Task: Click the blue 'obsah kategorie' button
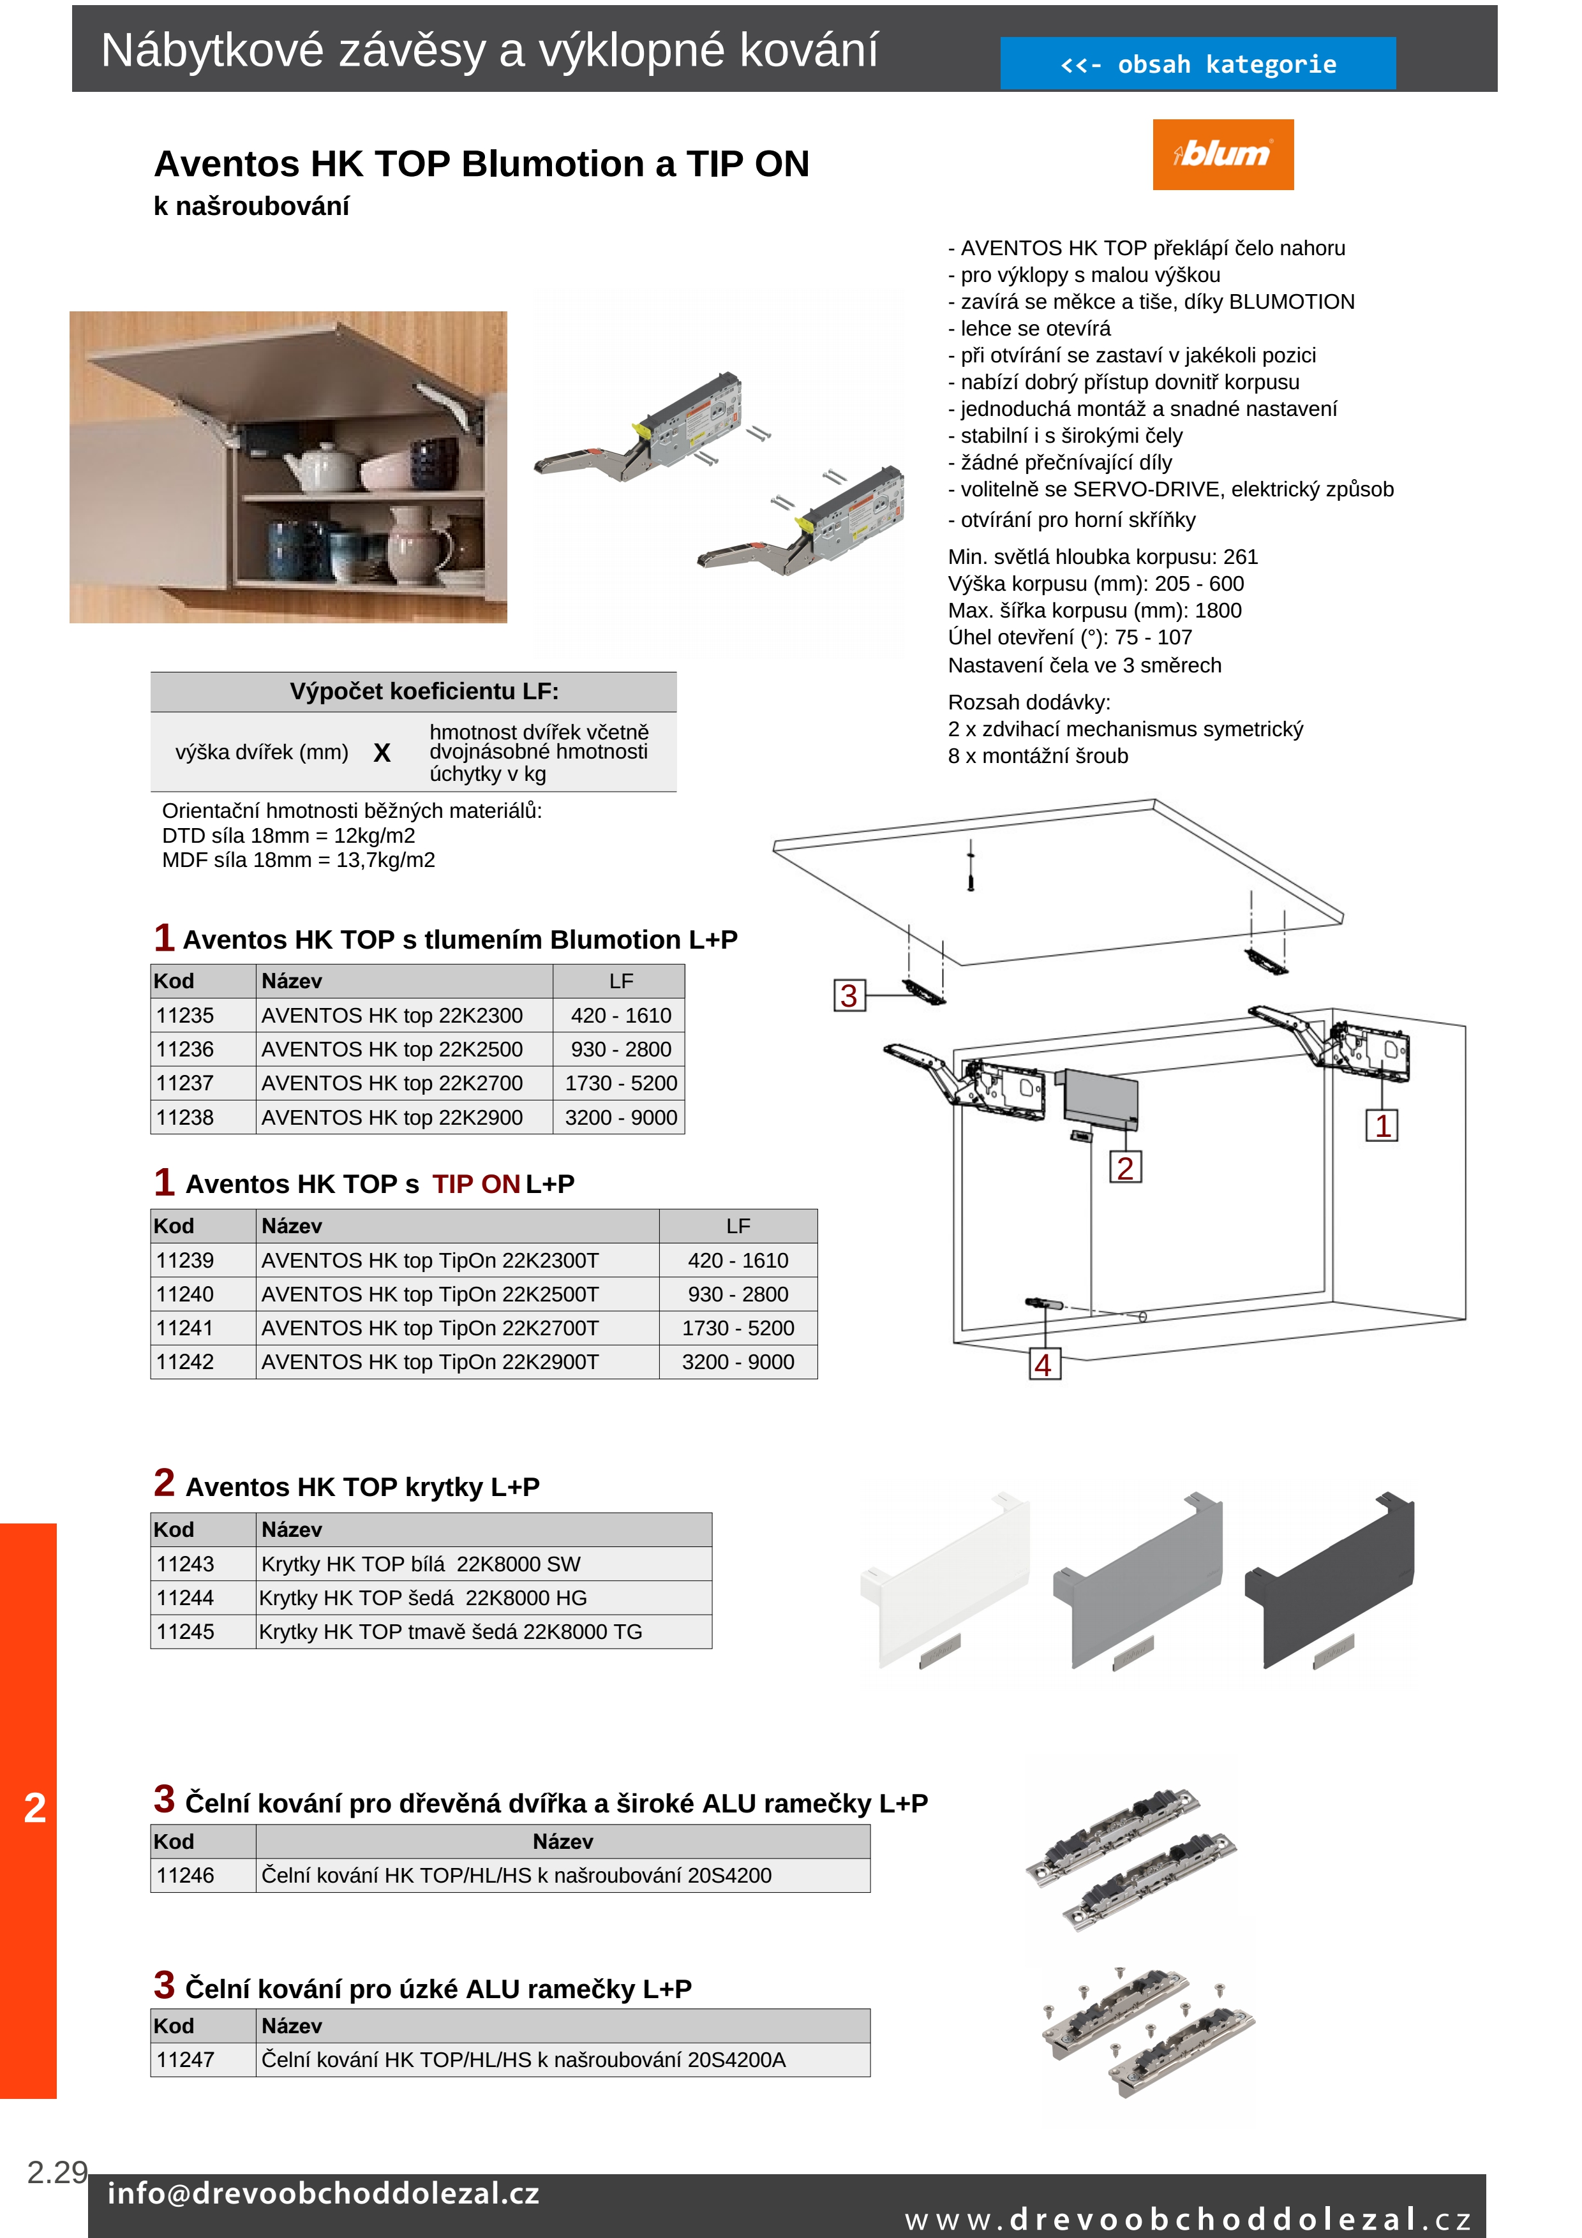click(x=1197, y=64)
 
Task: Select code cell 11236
click(x=185, y=1050)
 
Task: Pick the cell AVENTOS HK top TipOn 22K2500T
click(x=430, y=1294)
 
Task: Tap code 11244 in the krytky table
click(x=185, y=1597)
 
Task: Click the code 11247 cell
click(x=185, y=2059)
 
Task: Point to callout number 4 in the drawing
click(x=1043, y=1365)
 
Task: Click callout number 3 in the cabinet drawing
click(x=849, y=995)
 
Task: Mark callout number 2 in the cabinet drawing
click(x=1125, y=1167)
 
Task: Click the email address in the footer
click(x=323, y=2193)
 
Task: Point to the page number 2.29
click(x=57, y=2173)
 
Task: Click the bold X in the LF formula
click(x=382, y=753)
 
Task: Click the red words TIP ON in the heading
click(x=475, y=1184)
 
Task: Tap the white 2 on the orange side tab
click(x=35, y=1808)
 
